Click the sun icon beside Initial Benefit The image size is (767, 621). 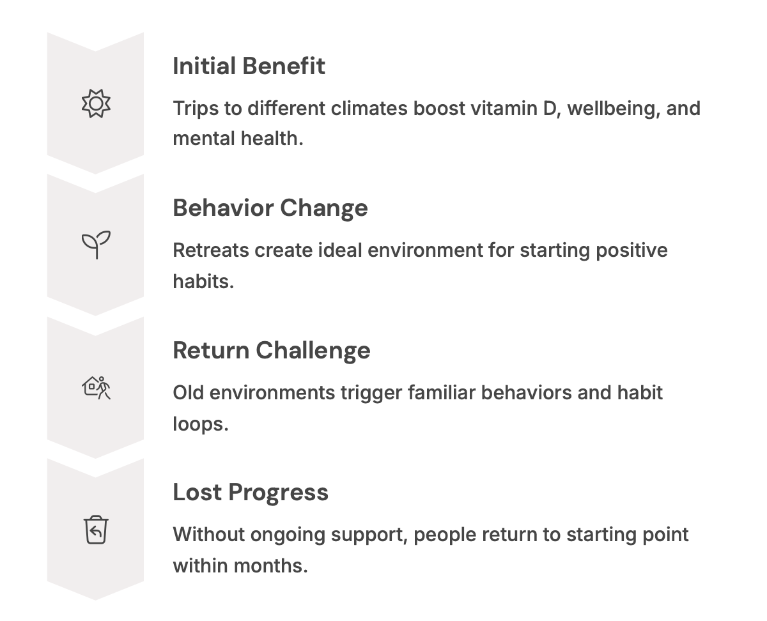tap(96, 103)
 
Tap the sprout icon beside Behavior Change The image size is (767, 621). tap(96, 245)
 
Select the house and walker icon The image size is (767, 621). tap(96, 388)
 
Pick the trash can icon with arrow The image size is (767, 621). tap(96, 530)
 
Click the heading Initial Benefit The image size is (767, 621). tap(249, 66)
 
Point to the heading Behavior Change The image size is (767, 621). tap(270, 208)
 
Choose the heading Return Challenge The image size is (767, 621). tap(272, 350)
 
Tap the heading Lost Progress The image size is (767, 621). tap(251, 492)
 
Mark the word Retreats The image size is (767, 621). tap(211, 250)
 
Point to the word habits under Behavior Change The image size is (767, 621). tap(203, 281)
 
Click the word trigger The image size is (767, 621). tap(371, 393)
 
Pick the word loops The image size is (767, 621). tap(201, 424)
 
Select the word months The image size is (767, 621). tap(270, 566)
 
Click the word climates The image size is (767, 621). tap(369, 109)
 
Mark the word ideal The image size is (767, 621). tap(340, 250)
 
